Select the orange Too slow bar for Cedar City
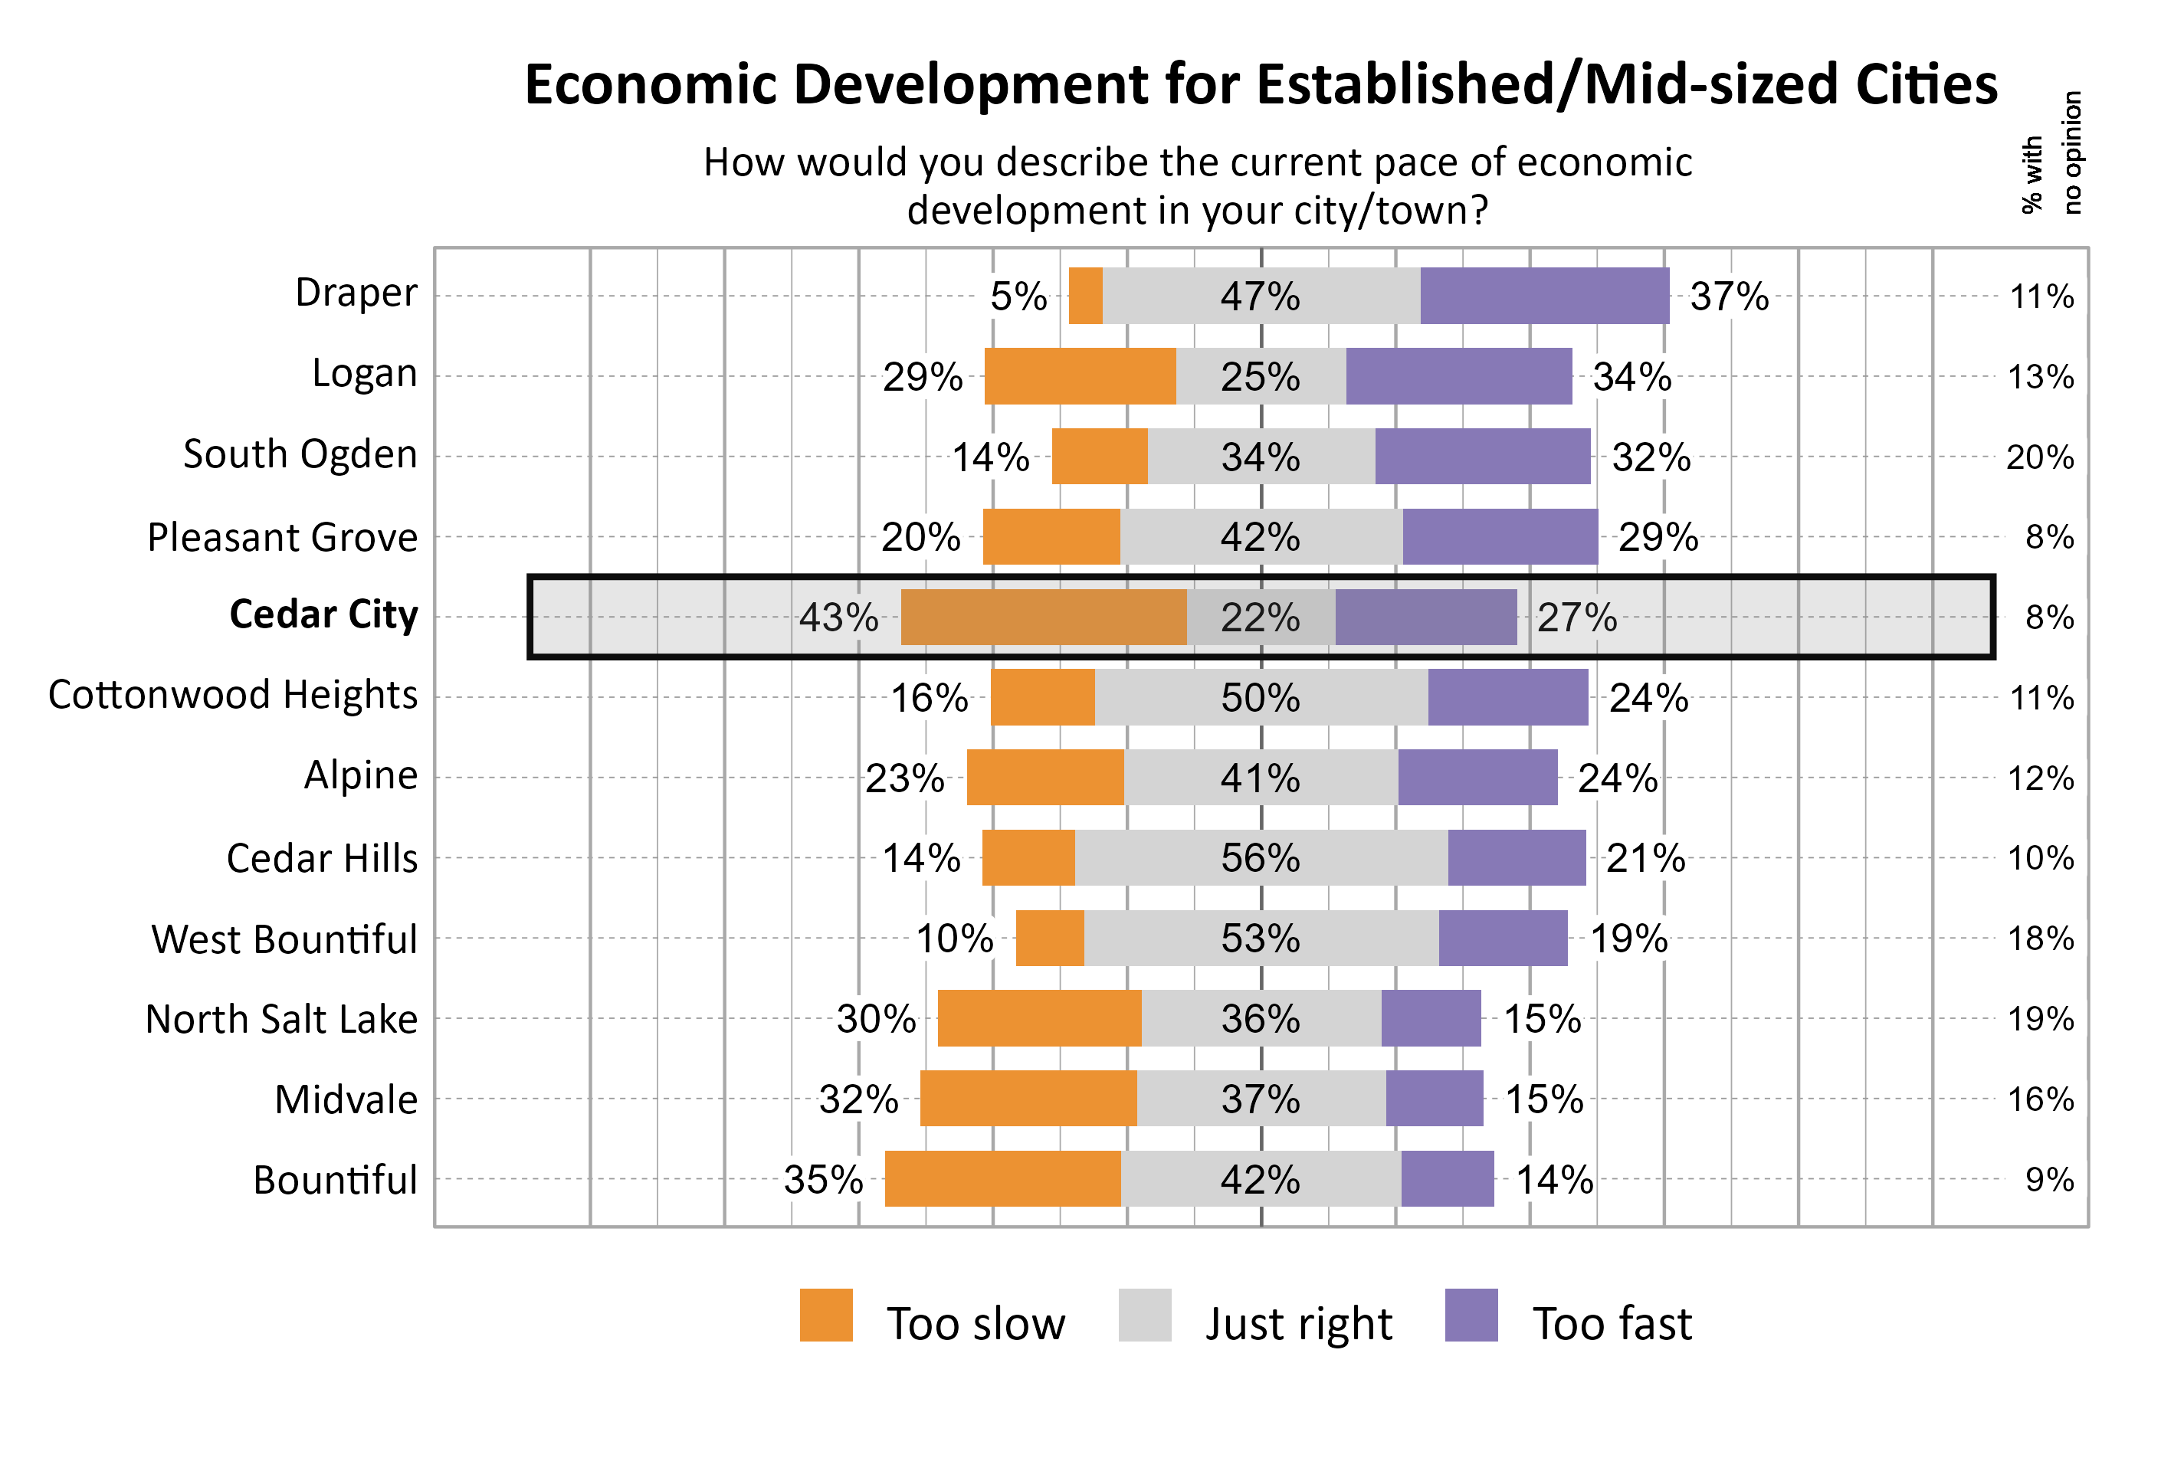(x=1042, y=618)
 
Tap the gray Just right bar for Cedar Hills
(x=1260, y=857)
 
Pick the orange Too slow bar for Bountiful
(x=1002, y=1178)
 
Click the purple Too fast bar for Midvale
(x=1434, y=1098)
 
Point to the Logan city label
(x=364, y=373)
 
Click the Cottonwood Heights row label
(x=233, y=695)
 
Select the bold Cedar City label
(x=323, y=614)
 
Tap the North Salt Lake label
(x=281, y=1019)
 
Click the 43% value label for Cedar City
(x=838, y=618)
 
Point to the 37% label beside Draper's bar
(x=1728, y=296)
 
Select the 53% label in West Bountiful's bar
(x=1260, y=938)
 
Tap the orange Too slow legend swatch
(x=825, y=1315)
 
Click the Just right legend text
(x=1297, y=1324)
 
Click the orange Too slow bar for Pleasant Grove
(x=1051, y=536)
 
